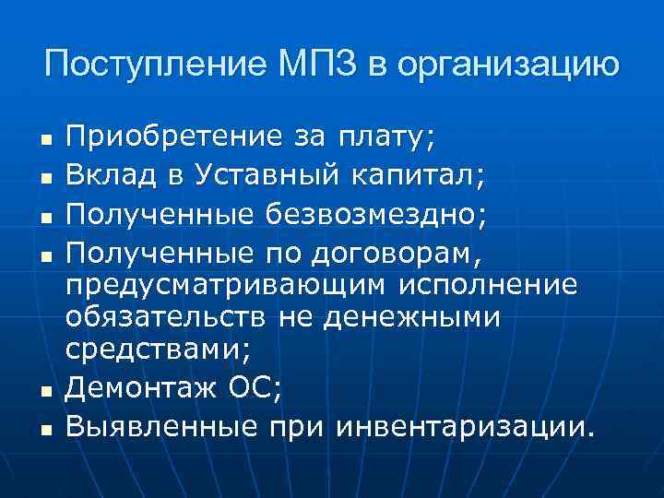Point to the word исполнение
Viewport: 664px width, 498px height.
click(x=488, y=283)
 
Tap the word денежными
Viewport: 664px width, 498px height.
click(x=421, y=318)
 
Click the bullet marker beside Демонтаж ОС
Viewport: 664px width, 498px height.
click(x=44, y=391)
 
